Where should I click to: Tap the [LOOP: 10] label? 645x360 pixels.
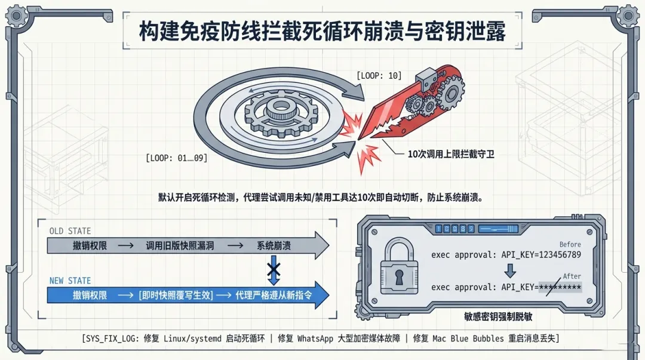pos(379,76)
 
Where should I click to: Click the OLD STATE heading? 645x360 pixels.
pos(70,230)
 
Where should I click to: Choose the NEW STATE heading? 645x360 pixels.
pos(70,281)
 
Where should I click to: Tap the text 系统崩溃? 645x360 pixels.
pos(274,245)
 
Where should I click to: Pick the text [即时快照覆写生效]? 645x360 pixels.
pos(175,295)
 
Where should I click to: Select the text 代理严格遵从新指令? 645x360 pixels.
pos(274,295)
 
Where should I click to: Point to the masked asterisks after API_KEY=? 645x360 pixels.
pos(560,287)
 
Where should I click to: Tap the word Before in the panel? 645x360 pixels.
pos(570,244)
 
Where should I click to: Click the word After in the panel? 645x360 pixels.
pos(572,276)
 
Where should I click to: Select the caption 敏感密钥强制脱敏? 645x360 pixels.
pos(499,317)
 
